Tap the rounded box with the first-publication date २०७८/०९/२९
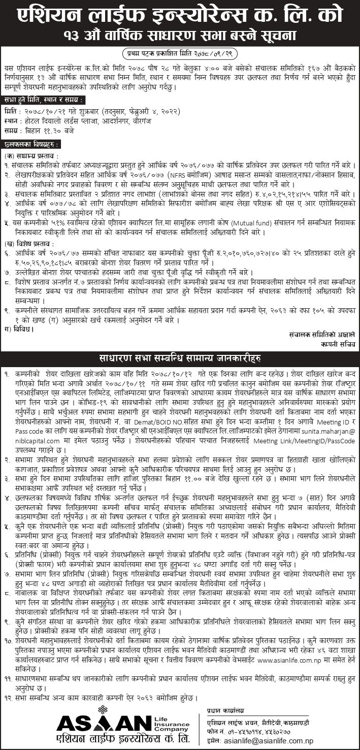tap(180, 52)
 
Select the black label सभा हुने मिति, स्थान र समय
tap(42, 100)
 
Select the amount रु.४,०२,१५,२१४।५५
tap(268, 193)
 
